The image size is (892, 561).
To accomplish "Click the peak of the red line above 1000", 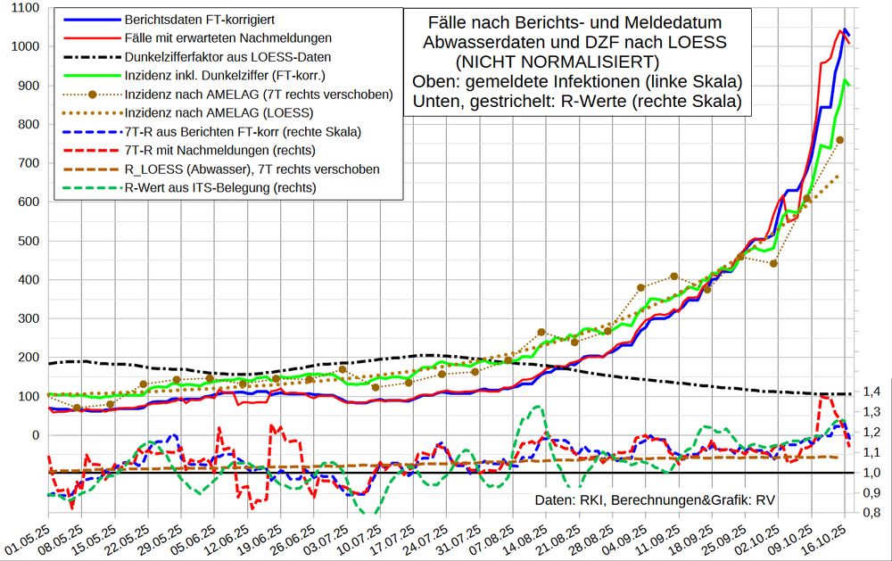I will click(x=841, y=30).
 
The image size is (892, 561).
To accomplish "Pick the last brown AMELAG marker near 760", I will click(x=840, y=140).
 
